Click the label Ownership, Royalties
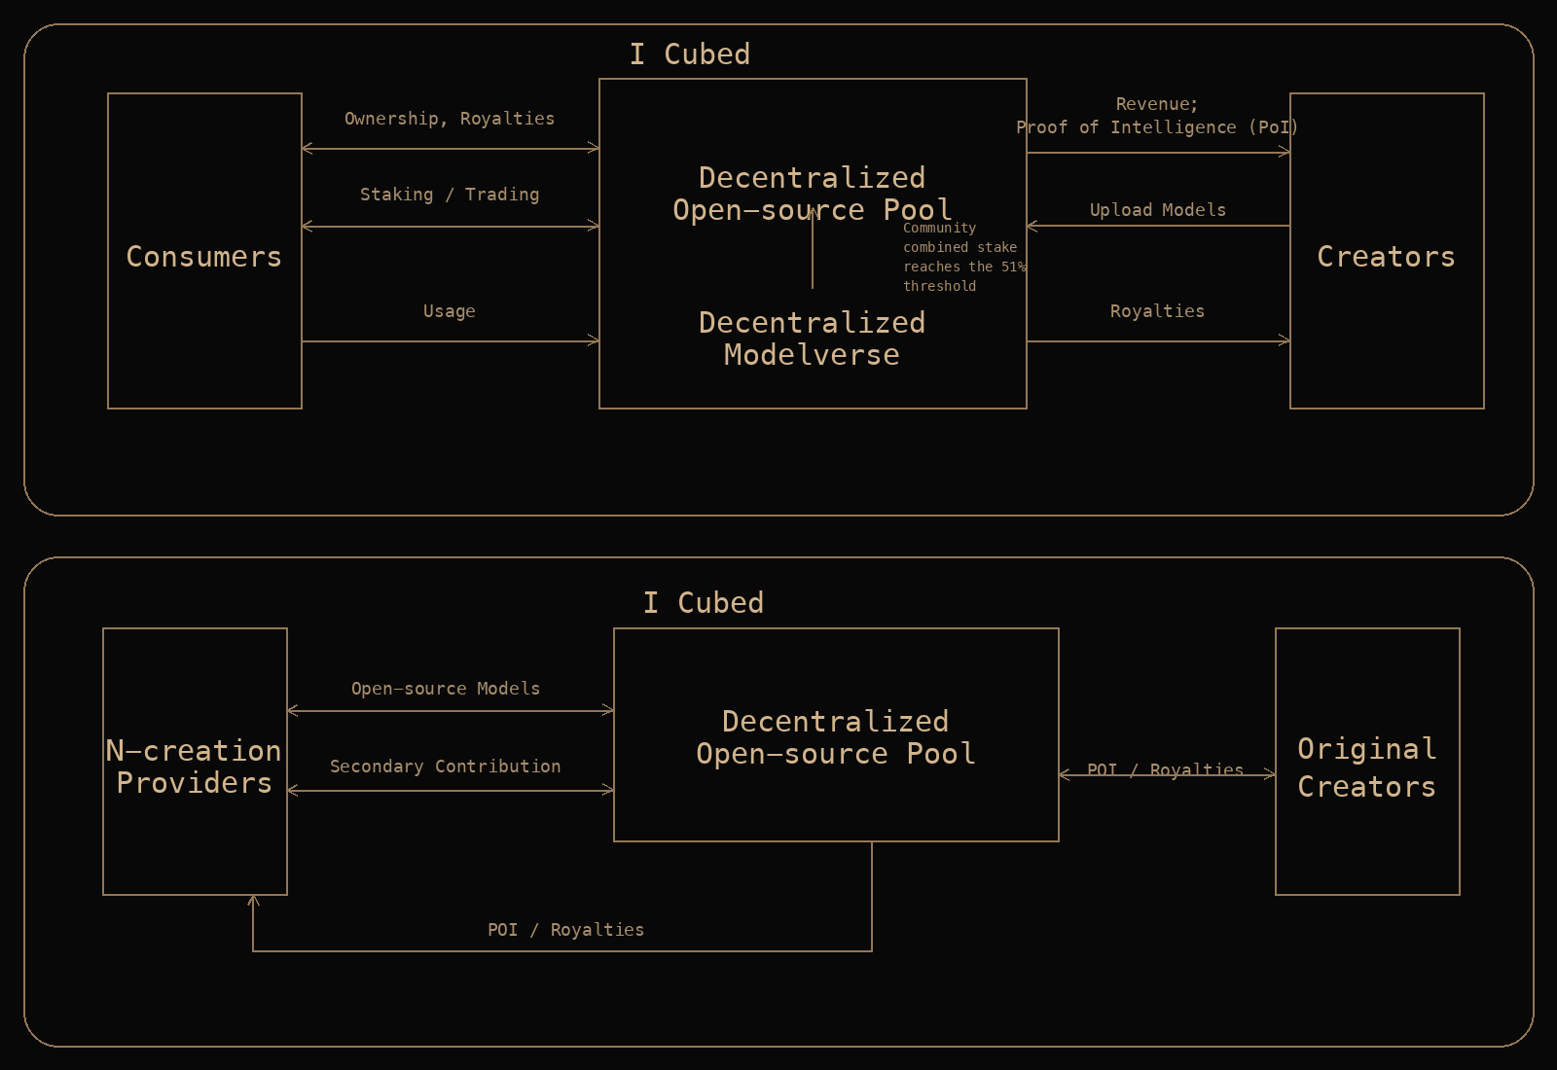(x=450, y=119)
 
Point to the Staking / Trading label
(x=450, y=195)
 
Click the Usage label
(x=450, y=311)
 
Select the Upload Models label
(x=1158, y=210)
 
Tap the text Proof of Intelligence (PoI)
(x=1157, y=127)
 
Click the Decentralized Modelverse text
(x=812, y=339)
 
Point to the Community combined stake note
(x=961, y=257)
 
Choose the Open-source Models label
(x=446, y=689)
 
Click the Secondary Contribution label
(x=446, y=767)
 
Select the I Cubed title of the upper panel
(x=690, y=54)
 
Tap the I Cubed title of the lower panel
(x=704, y=603)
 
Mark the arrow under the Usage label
(x=450, y=341)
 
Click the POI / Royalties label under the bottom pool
(x=565, y=930)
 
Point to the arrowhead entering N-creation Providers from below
(x=253, y=901)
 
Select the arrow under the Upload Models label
(x=1158, y=226)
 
